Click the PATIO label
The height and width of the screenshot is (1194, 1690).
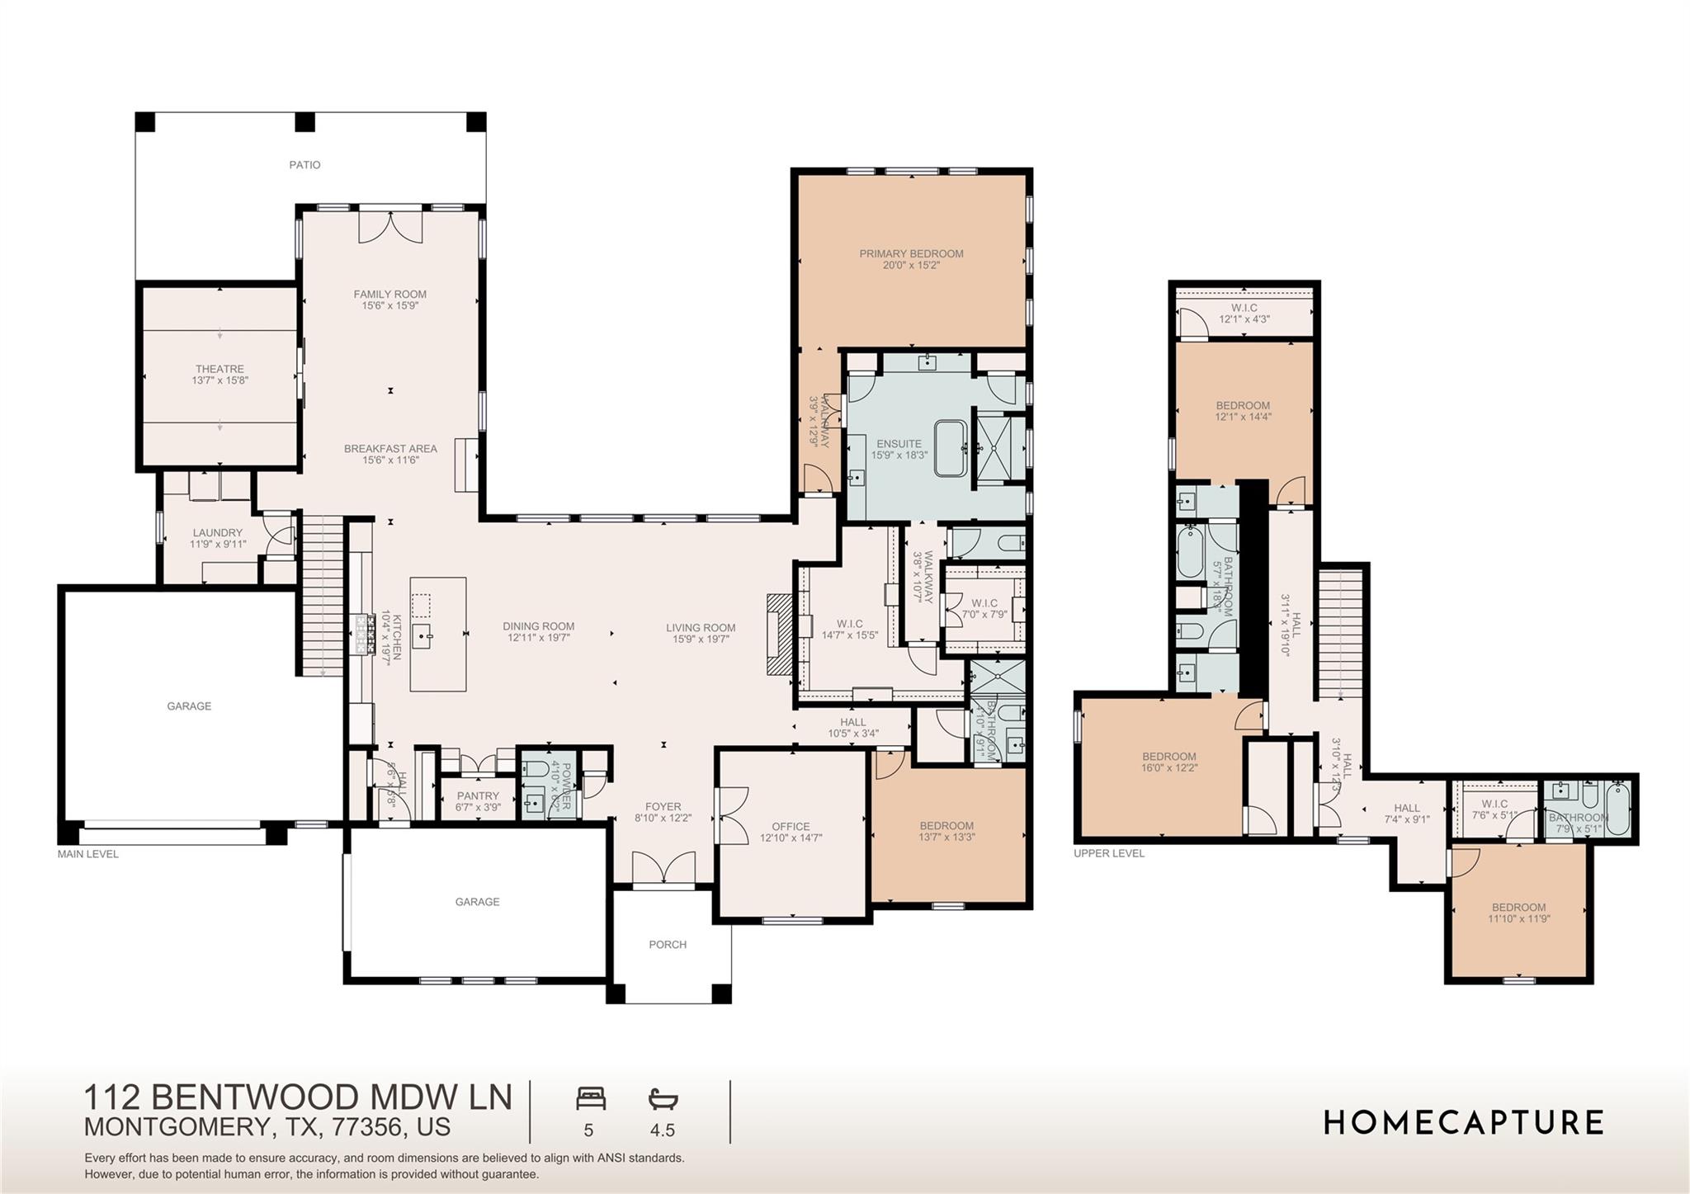(x=304, y=165)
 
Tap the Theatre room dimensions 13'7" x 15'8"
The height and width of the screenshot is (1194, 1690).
(x=220, y=381)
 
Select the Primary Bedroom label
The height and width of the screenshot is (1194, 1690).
(x=911, y=253)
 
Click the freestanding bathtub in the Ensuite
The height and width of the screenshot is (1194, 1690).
(x=954, y=448)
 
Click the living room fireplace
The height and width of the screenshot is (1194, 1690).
(x=778, y=635)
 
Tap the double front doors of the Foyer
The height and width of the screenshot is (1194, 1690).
(x=664, y=869)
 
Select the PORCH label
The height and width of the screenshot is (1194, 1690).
(x=668, y=945)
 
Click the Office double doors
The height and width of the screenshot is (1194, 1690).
(x=731, y=815)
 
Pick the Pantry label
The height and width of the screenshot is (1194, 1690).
(x=478, y=796)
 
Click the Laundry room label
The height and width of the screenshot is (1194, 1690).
(x=218, y=533)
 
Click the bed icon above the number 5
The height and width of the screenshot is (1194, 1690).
(x=590, y=1099)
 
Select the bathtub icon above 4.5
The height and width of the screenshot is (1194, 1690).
(x=663, y=1099)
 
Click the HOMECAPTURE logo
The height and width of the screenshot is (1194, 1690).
(x=1464, y=1123)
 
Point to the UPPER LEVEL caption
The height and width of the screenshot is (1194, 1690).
(x=1108, y=853)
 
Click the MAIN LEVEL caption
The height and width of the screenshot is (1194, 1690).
(x=88, y=854)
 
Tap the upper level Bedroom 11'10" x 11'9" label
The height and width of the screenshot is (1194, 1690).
(x=1518, y=907)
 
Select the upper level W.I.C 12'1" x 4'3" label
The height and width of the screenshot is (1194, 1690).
(x=1244, y=308)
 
